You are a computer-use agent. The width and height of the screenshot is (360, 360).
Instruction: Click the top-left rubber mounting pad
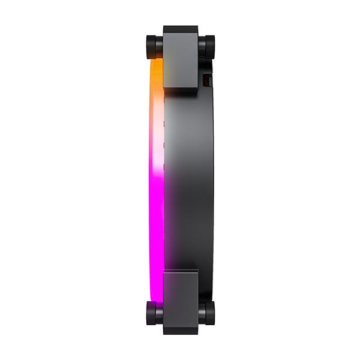[x=151, y=47]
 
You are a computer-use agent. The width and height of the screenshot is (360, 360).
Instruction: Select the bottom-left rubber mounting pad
[x=151, y=313]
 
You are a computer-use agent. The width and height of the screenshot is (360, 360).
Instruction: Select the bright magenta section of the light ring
[x=155, y=222]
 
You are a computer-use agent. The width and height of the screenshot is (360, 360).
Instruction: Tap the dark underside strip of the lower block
[x=180, y=331]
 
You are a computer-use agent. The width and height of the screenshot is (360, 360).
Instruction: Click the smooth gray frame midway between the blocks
[x=186, y=180]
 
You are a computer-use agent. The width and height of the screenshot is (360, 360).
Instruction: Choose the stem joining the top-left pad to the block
[x=160, y=47]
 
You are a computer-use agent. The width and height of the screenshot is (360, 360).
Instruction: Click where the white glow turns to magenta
[x=155, y=171]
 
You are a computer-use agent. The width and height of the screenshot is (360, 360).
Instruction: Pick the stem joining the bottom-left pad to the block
[x=160, y=313]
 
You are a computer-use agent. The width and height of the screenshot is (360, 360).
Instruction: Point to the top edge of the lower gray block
[x=180, y=271]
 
